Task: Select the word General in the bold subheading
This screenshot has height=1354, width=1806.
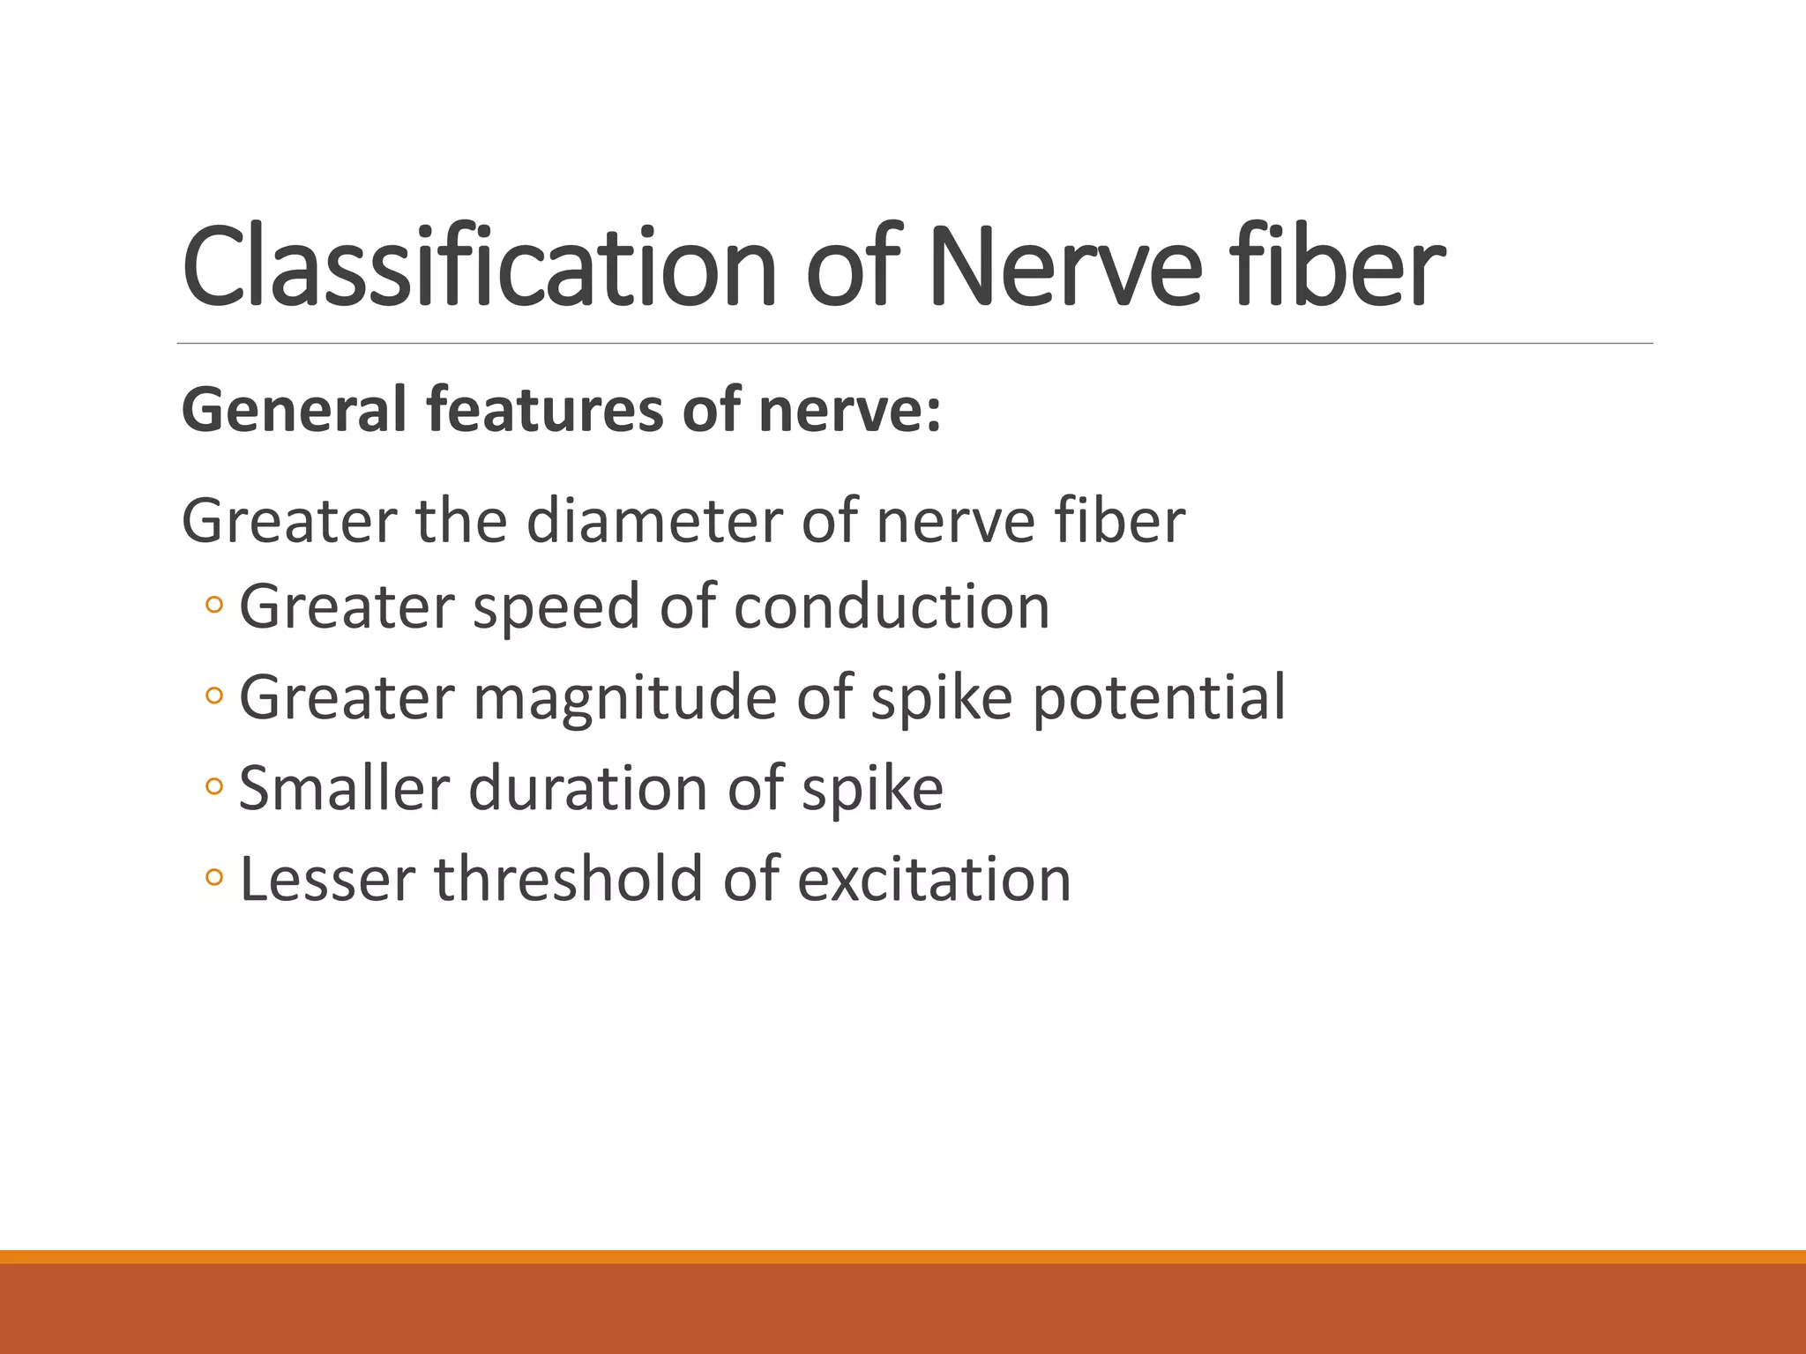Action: pyautogui.click(x=295, y=410)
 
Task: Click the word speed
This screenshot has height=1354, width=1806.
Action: pyautogui.click(x=556, y=607)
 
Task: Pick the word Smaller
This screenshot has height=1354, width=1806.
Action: pyautogui.click(x=344, y=788)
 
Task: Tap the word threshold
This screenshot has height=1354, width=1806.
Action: pyautogui.click(x=570, y=879)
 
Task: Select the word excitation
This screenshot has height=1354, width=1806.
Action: pyautogui.click(x=934, y=879)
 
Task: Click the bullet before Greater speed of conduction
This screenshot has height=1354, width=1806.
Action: pyautogui.click(x=213, y=606)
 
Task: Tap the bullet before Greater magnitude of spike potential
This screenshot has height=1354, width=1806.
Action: pyautogui.click(x=213, y=696)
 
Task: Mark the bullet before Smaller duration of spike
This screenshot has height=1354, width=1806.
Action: pyautogui.click(x=213, y=786)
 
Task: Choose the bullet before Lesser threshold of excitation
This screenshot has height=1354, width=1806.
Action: pyautogui.click(x=213, y=877)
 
